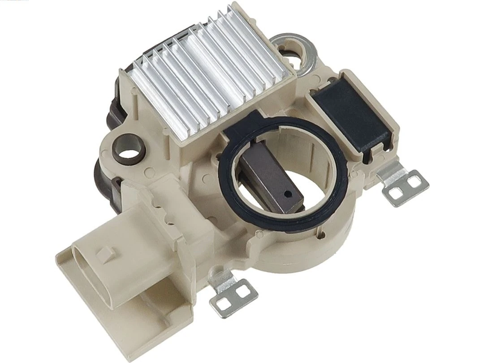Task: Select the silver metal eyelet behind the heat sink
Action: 298,49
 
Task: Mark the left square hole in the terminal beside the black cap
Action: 396,193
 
